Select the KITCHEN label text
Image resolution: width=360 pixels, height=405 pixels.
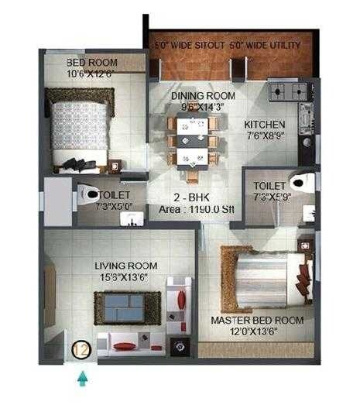pos(264,125)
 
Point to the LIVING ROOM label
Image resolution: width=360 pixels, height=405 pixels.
pos(120,266)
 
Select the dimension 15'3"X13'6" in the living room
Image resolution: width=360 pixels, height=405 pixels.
pos(122,277)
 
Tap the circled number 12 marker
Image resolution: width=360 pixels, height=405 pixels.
pos(81,350)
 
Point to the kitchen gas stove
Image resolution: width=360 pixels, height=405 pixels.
pos(289,94)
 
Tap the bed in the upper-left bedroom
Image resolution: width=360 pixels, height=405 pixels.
pos(77,128)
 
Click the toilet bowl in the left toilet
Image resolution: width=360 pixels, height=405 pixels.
pos(89,194)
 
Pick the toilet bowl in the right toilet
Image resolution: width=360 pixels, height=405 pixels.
pos(300,182)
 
